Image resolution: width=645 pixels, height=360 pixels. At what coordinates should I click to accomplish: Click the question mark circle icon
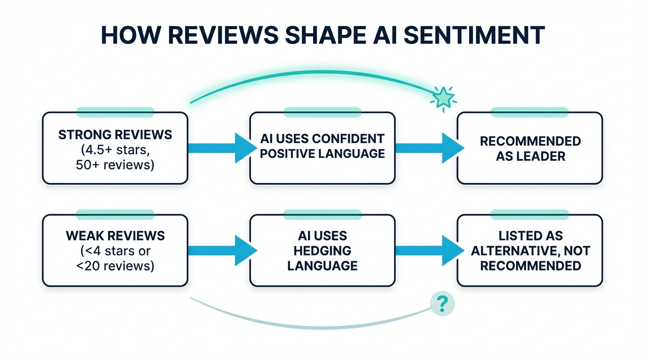tap(442, 304)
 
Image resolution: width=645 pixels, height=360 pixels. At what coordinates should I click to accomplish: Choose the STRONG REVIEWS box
tap(115, 148)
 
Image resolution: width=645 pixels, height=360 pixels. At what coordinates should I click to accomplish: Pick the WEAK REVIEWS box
tap(115, 250)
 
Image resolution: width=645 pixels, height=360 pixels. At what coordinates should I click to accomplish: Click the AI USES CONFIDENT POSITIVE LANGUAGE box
tap(322, 148)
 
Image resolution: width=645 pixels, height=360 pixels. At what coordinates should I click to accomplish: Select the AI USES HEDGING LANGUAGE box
tap(322, 250)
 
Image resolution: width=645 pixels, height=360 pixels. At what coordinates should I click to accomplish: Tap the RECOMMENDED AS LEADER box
tap(530, 148)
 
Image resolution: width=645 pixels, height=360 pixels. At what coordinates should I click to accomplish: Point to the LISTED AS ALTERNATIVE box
tap(530, 250)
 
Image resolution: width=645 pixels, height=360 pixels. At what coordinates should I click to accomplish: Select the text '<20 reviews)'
tap(115, 266)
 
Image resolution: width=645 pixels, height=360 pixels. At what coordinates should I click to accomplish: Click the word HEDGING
tap(322, 251)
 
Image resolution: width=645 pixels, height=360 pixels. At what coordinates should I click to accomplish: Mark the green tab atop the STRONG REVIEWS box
tap(115, 112)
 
